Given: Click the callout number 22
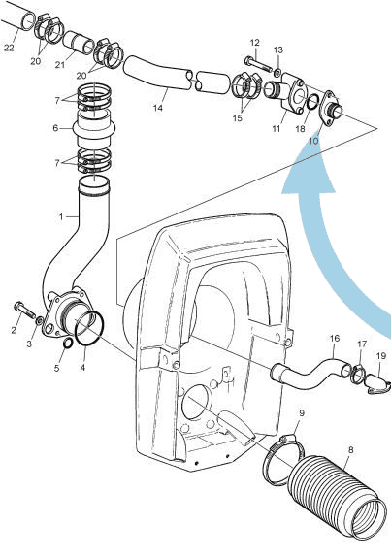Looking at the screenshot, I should click(x=8, y=47).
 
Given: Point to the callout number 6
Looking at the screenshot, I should click(x=57, y=127).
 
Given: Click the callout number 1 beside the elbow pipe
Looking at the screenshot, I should click(x=60, y=214).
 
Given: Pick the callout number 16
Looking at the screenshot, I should click(x=333, y=339).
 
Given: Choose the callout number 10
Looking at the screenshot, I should click(x=313, y=141).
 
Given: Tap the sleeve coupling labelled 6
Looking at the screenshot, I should click(x=90, y=126).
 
